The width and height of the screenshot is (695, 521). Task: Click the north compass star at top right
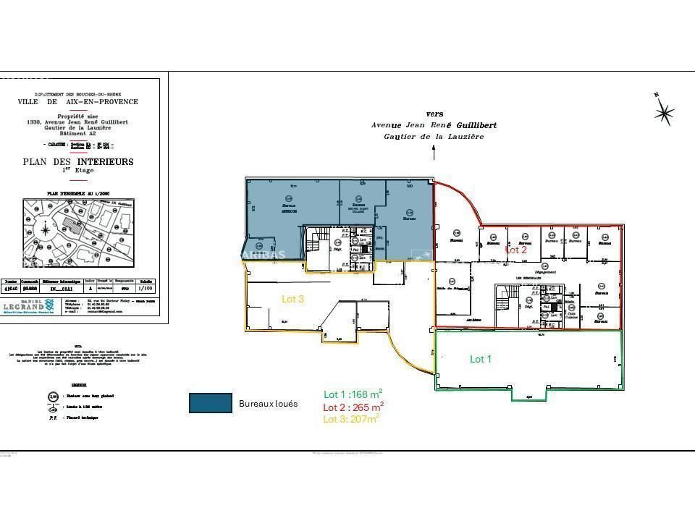pos(663,112)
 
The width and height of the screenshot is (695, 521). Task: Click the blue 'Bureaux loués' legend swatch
pos(210,403)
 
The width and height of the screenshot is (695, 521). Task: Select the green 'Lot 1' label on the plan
pos(481,359)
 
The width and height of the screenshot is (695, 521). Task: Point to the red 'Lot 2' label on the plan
pos(515,250)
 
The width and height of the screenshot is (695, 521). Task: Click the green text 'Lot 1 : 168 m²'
pos(353,394)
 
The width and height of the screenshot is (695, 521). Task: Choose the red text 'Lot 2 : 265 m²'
pos(353,407)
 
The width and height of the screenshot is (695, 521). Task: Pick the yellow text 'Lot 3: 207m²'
pos(351,418)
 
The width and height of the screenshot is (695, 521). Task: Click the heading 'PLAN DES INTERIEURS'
pos(78,162)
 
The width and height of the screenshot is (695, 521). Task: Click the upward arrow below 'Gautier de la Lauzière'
pos(434,152)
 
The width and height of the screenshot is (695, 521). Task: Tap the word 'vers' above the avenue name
pos(434,114)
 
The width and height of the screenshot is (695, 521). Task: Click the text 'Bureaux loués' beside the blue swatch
pos(268,404)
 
